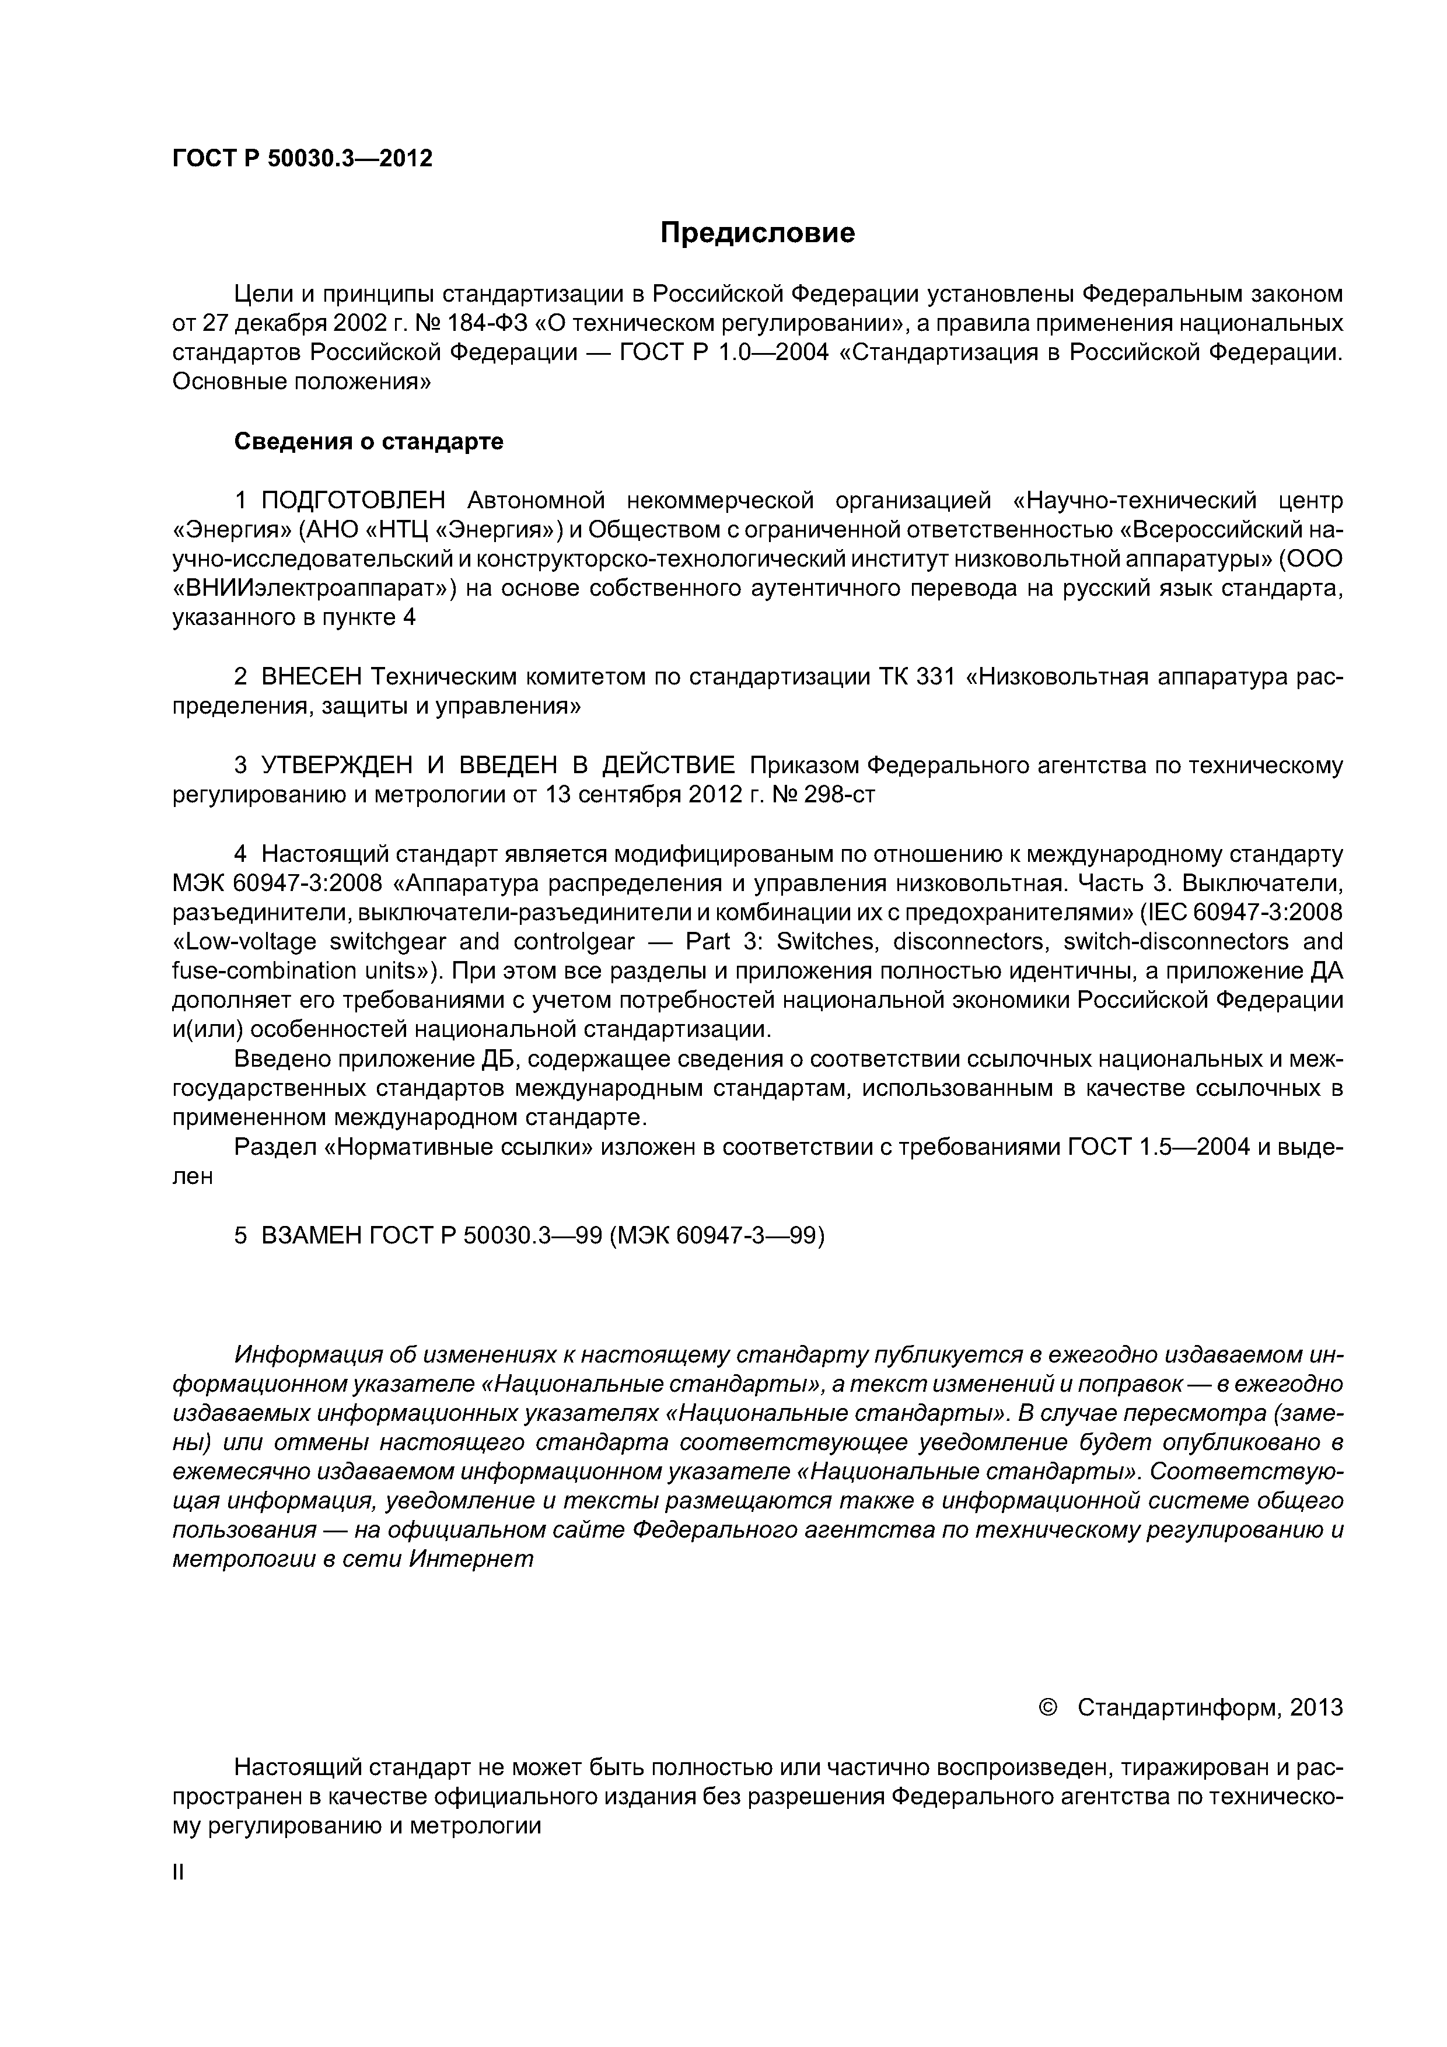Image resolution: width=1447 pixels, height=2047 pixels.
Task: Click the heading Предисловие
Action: (757, 233)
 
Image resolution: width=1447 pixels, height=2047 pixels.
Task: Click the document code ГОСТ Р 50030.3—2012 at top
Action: (302, 159)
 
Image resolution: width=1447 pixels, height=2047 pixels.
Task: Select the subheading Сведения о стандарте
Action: (368, 441)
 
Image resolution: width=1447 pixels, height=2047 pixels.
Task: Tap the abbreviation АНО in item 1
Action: (330, 530)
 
